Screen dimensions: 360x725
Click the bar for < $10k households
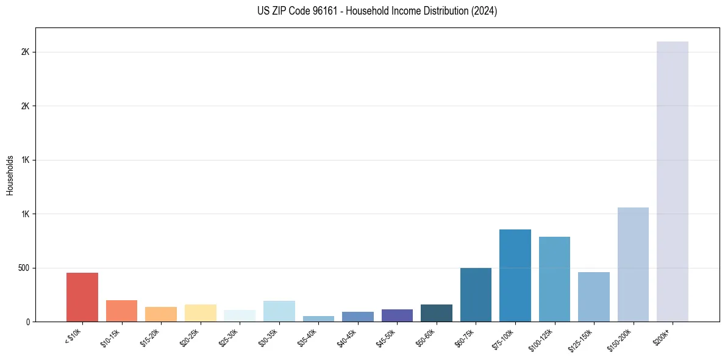(x=82, y=297)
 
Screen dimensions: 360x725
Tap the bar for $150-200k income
(x=633, y=264)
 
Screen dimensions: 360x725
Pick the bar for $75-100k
(x=515, y=275)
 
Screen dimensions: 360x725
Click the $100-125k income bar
(x=554, y=279)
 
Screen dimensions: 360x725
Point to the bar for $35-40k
(x=318, y=319)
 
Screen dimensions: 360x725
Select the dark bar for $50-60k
(x=437, y=313)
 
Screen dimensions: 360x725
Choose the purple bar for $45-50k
(x=397, y=315)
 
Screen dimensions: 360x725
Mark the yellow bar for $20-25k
(x=201, y=313)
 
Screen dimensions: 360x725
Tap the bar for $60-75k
(x=476, y=295)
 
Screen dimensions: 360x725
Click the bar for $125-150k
(x=594, y=297)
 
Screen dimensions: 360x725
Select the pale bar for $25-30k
(x=240, y=315)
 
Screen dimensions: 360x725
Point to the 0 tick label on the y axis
(x=28, y=322)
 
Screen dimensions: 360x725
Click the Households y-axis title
(x=10, y=175)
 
